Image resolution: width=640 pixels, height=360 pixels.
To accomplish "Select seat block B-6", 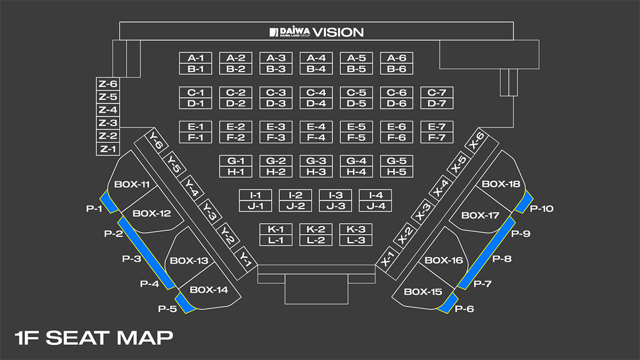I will pyautogui.click(x=396, y=69).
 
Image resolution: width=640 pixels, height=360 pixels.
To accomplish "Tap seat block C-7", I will pyautogui.click(x=437, y=92).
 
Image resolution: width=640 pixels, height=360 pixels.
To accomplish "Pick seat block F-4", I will pyautogui.click(x=316, y=138).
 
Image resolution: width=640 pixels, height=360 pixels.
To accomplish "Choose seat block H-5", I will pyautogui.click(x=396, y=172).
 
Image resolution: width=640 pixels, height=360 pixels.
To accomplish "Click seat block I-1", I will pyautogui.click(x=256, y=195).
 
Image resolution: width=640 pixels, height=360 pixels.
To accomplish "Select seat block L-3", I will pyautogui.click(x=356, y=240).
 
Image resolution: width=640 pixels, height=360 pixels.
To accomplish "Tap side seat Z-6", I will pyautogui.click(x=107, y=84).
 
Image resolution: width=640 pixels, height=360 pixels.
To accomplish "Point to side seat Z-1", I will pyautogui.click(x=107, y=149).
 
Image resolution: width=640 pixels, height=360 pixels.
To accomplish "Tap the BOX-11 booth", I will pyautogui.click(x=132, y=185).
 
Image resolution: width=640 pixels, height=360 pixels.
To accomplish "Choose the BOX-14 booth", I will pyautogui.click(x=209, y=290).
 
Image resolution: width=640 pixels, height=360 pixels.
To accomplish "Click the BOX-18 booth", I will pyautogui.click(x=500, y=184).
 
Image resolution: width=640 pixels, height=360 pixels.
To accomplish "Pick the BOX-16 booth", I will pyautogui.click(x=444, y=261).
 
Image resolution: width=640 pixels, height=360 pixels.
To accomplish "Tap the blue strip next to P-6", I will pyautogui.click(x=447, y=302).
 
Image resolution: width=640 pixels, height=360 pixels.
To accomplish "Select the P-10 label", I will pyautogui.click(x=541, y=209).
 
